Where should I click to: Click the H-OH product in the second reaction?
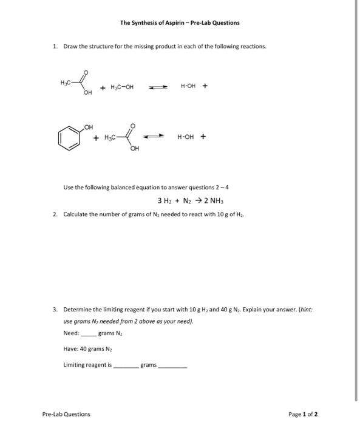point(186,137)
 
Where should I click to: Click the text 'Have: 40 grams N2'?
point(85,348)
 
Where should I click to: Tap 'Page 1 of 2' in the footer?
point(304,414)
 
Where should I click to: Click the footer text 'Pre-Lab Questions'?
point(66,414)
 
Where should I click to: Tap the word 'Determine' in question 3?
point(77,309)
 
